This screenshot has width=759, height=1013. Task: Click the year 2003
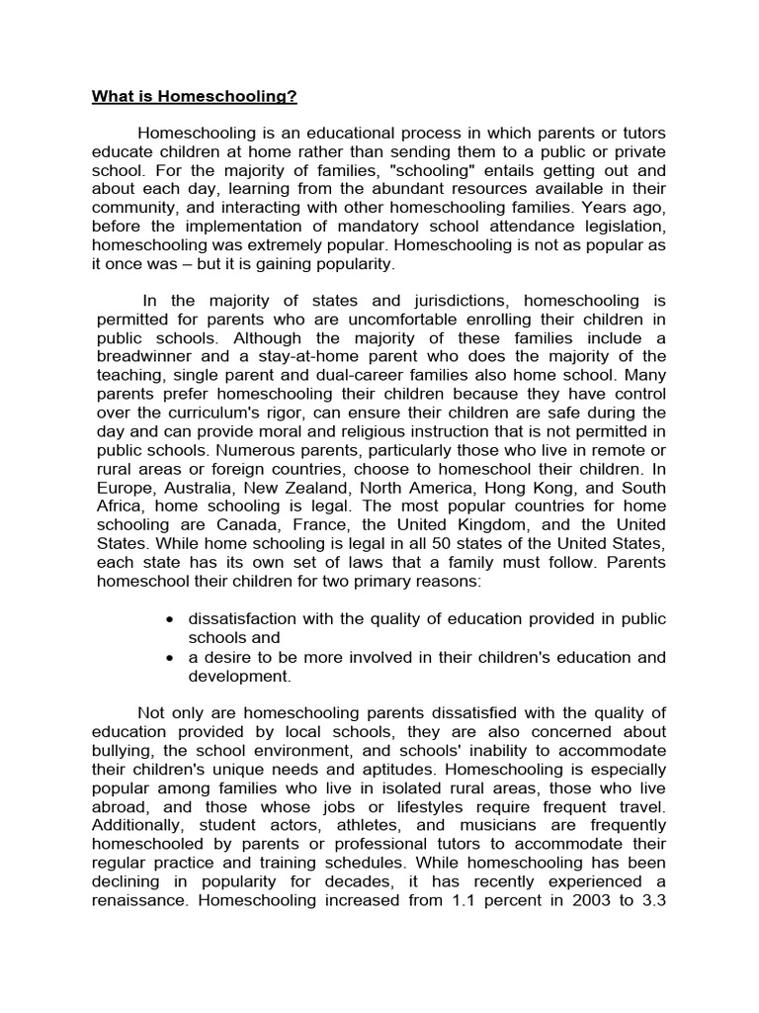pos(575,901)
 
